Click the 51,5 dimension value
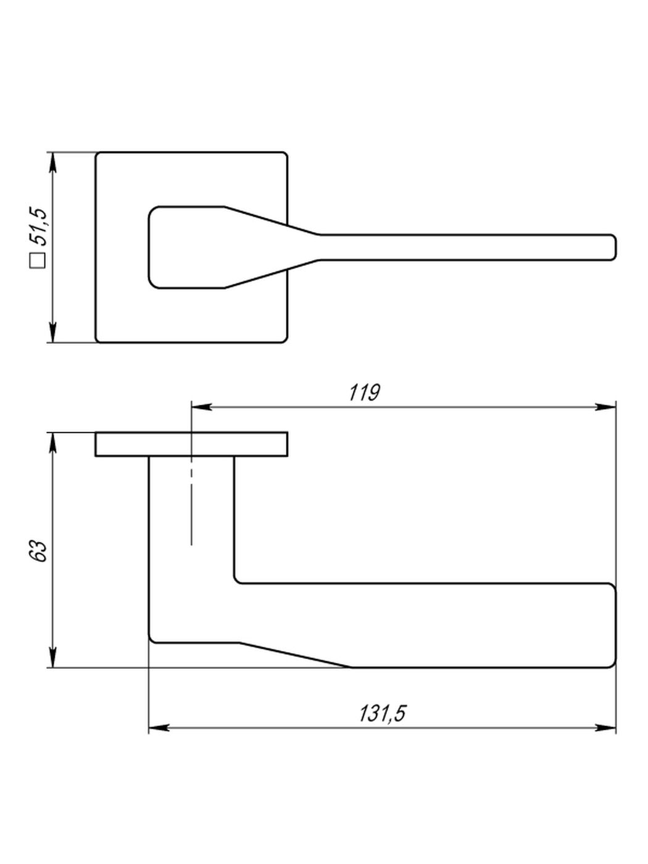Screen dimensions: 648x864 pos(38,227)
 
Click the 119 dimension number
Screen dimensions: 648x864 pos(365,393)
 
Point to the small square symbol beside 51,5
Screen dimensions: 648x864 pos(38,260)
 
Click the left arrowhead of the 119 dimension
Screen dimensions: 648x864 pos(201,407)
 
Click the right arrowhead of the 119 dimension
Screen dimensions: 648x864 pos(605,407)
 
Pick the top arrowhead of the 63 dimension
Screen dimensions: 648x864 pos(53,443)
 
